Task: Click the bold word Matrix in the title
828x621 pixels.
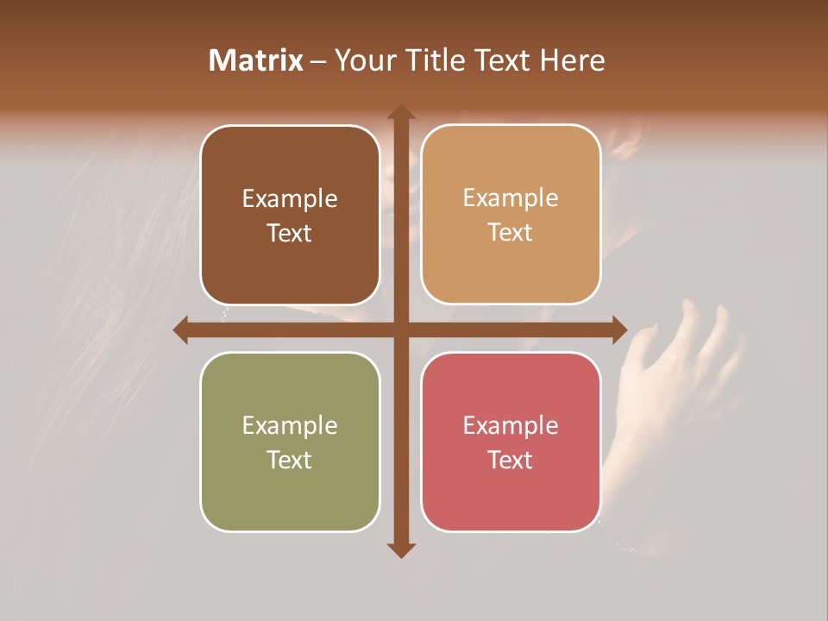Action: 256,60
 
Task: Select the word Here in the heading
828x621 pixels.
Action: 572,60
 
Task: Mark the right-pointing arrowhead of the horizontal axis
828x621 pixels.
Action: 619,330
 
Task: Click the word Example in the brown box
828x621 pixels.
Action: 290,199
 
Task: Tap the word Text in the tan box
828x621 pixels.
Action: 511,233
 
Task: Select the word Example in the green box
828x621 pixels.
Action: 290,426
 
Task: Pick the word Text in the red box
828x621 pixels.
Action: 511,460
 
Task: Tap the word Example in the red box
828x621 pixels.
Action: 511,426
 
